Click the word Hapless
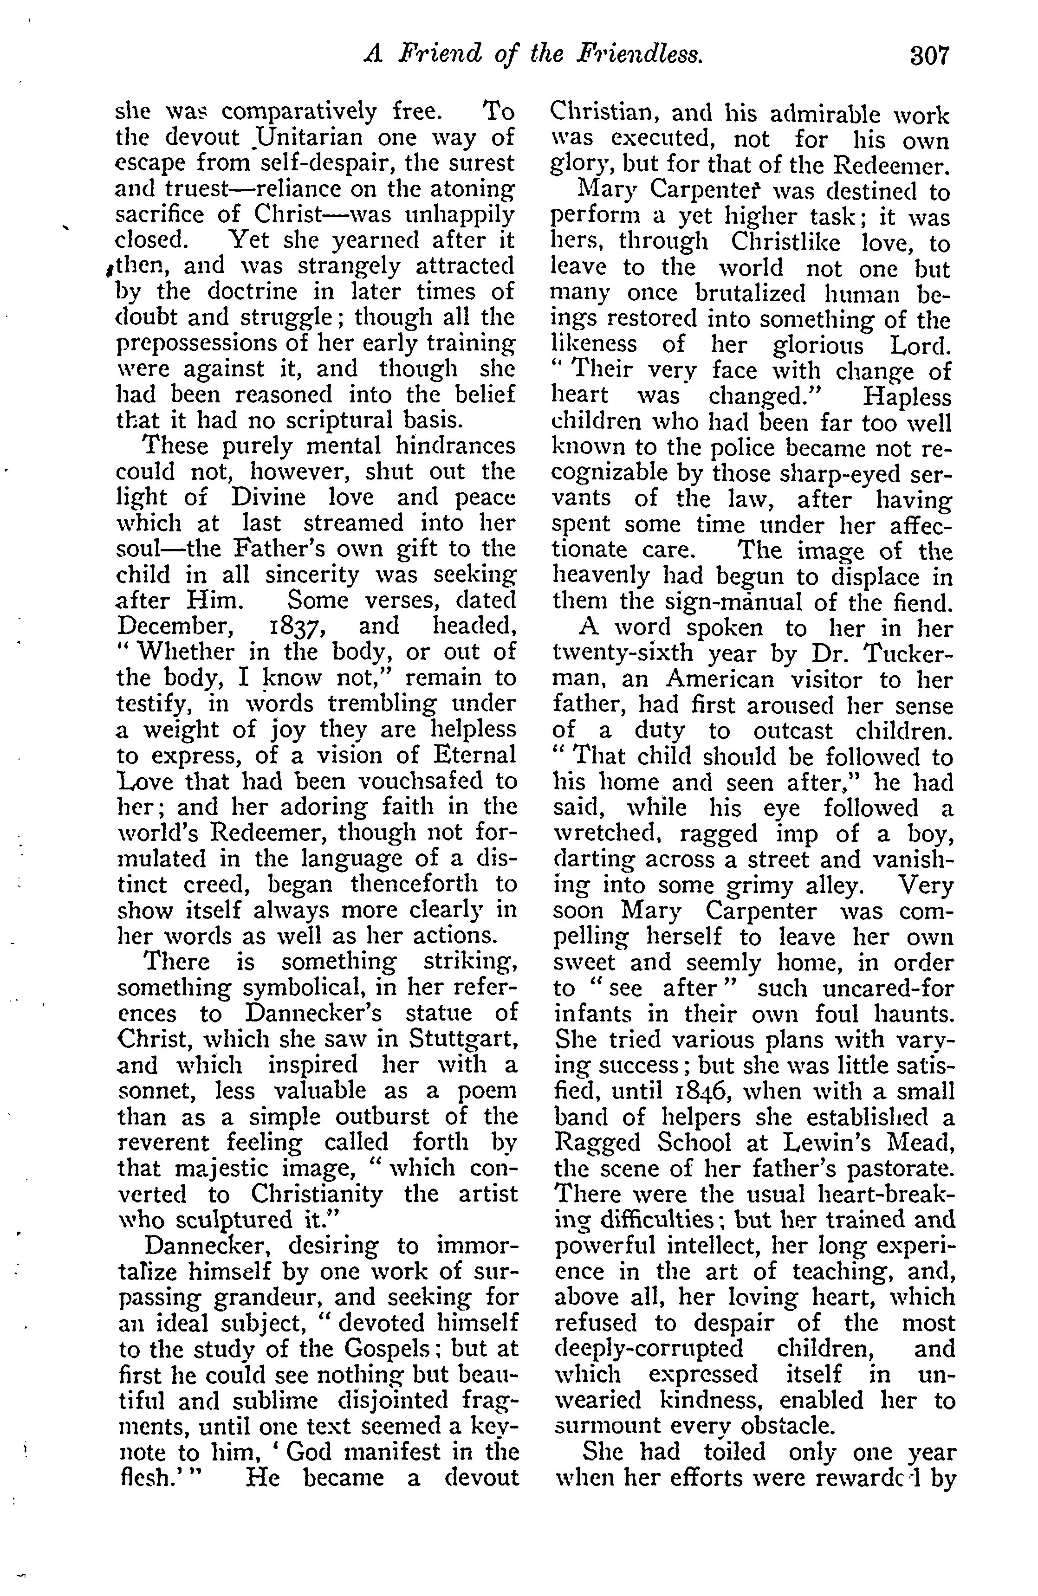pyautogui.click(x=907, y=397)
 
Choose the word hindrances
pyautogui.click(x=456, y=446)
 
